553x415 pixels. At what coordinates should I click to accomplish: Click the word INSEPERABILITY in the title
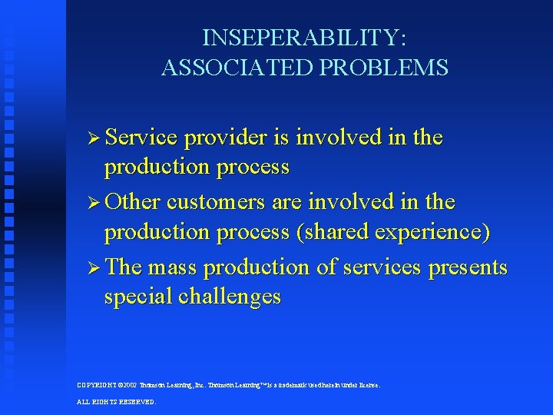tap(305, 38)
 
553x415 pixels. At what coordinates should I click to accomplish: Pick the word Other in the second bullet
tap(133, 202)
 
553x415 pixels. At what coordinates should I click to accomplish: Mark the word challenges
tap(230, 297)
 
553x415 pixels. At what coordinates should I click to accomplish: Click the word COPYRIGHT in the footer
tap(98, 385)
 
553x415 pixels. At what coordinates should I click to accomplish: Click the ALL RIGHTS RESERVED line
tap(116, 402)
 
